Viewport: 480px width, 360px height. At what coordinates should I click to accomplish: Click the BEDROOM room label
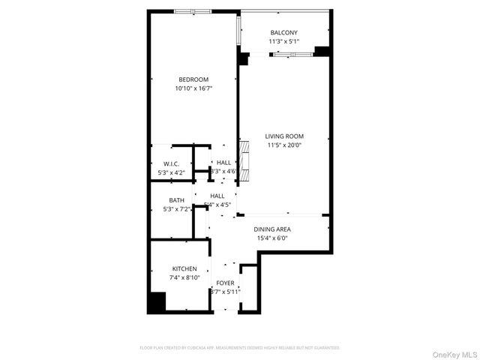(x=193, y=79)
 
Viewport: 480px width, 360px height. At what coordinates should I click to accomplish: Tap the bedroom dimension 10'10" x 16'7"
(x=193, y=88)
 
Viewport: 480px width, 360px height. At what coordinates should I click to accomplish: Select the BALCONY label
(x=284, y=32)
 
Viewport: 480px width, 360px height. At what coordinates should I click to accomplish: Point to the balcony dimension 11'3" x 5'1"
(x=284, y=41)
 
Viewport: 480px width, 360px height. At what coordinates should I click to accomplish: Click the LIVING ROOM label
(x=284, y=136)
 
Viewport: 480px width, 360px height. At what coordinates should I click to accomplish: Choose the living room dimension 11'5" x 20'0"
(x=284, y=145)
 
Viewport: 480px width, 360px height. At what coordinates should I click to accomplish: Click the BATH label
(x=176, y=200)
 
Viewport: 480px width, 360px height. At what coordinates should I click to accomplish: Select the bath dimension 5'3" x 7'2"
(x=176, y=209)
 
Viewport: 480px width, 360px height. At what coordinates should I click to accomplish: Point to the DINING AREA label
(x=272, y=229)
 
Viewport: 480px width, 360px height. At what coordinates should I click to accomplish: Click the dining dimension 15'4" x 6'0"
(x=272, y=238)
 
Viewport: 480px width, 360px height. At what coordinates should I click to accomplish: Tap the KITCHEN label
(x=184, y=268)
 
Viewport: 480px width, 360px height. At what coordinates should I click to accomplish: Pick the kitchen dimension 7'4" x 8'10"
(x=184, y=277)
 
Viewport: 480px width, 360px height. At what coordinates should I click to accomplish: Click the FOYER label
(x=225, y=283)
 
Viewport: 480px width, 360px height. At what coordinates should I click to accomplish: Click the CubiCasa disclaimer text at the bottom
(x=240, y=347)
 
